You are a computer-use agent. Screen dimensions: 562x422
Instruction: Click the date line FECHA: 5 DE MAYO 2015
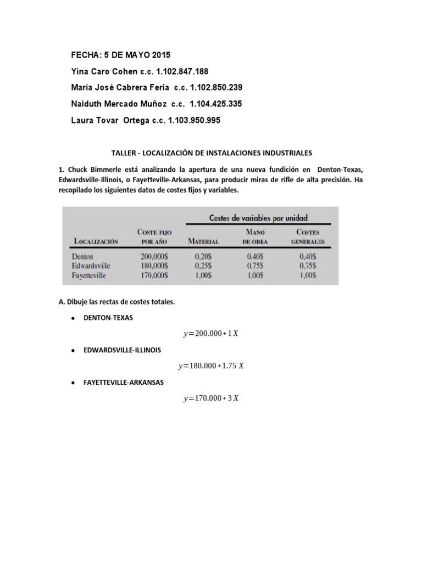(x=121, y=55)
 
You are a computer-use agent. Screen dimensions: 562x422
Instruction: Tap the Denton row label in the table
(x=82, y=256)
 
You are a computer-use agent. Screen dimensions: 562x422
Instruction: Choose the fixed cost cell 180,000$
(x=154, y=266)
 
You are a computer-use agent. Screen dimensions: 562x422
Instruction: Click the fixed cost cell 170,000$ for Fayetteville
(x=154, y=276)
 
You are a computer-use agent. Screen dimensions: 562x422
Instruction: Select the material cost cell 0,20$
(x=203, y=256)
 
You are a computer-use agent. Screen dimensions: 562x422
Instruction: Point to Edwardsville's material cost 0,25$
(x=203, y=266)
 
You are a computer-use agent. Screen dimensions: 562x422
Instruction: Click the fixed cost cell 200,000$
(x=154, y=256)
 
